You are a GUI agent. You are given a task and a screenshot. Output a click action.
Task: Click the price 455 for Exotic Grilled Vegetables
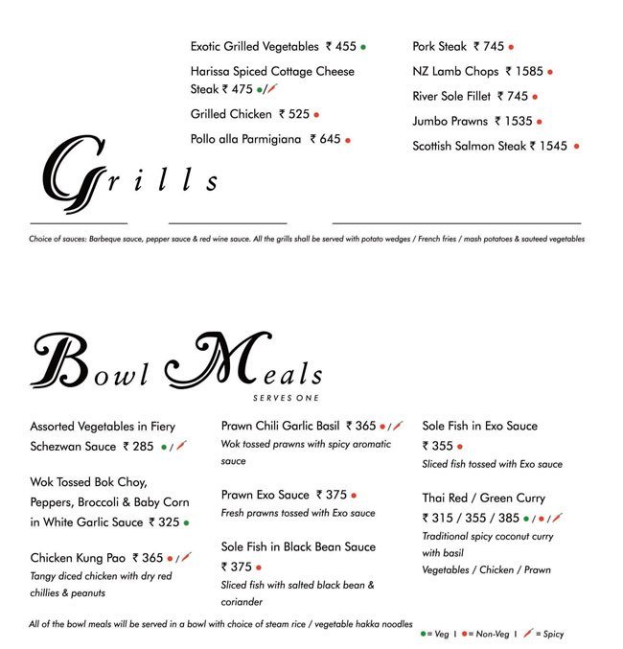[x=341, y=46]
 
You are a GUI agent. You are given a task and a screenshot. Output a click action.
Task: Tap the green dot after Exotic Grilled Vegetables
[x=363, y=46]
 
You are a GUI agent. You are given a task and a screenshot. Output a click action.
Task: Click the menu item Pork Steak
[x=440, y=46]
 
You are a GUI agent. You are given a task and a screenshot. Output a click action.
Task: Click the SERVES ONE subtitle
[x=287, y=398]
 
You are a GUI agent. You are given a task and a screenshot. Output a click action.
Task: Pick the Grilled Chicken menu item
[x=231, y=114]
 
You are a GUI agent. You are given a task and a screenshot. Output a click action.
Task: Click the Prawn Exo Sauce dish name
[x=265, y=495]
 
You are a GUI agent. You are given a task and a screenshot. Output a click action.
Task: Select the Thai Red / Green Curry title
[x=484, y=498]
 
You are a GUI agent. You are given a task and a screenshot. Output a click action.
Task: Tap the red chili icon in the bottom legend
[x=529, y=634]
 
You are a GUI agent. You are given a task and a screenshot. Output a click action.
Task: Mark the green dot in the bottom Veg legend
[x=423, y=634]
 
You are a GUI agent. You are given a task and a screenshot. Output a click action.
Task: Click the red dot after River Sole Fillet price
[x=535, y=96]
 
